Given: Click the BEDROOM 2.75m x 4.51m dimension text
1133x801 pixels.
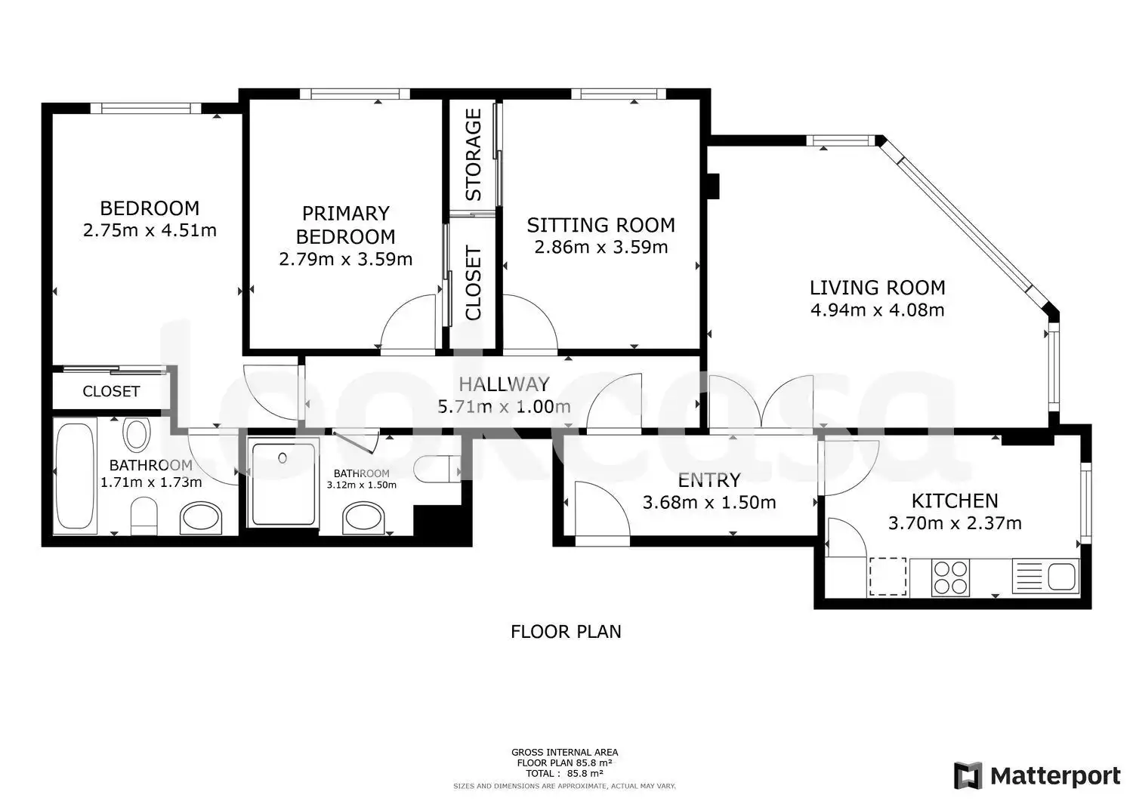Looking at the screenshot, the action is coord(150,230).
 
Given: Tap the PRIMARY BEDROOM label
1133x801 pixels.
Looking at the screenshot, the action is coord(345,225).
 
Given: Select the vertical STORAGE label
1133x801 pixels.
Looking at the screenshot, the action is coord(474,155).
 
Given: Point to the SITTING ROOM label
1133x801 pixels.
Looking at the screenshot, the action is coord(601,225).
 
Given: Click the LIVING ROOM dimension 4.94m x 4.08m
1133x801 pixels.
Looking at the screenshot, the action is coord(878,310).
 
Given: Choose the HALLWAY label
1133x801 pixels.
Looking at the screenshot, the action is coord(504,384).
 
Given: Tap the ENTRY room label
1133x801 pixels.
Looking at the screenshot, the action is coord(709,480).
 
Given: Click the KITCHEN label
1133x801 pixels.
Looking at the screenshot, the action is coord(955,501).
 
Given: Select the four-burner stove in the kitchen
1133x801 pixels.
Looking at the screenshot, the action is coord(951,578).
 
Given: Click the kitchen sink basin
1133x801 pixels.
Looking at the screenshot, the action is coord(1062,577).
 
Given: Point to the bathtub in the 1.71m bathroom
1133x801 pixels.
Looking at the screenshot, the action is coord(75,476).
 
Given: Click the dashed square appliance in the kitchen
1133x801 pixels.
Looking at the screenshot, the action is coord(888,577).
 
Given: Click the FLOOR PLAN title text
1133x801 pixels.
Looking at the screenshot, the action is coord(566,632).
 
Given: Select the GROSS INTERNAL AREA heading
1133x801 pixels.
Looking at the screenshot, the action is coord(564,753).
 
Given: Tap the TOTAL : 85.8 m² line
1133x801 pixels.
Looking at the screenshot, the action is coord(564,774).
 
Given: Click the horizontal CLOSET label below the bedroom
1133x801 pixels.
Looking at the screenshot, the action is coord(111,391).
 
